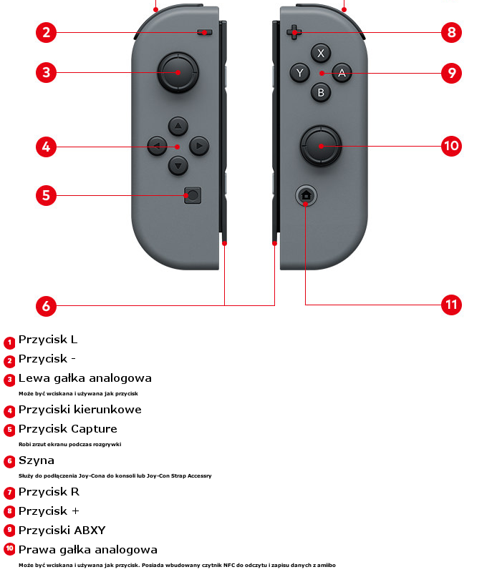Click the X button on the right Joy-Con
[321, 53]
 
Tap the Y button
[299, 73]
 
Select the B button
[321, 92]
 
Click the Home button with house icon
[306, 195]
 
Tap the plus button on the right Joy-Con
[294, 32]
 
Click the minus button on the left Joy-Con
[205, 32]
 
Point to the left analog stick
[178, 72]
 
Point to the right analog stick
[321, 146]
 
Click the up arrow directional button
[178, 127]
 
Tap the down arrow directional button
[178, 166]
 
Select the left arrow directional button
[157, 146]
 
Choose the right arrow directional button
[199, 146]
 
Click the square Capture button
[193, 195]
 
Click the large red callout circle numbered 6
[46, 306]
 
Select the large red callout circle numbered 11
[451, 305]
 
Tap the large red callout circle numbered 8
[451, 32]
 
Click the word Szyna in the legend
[37, 460]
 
